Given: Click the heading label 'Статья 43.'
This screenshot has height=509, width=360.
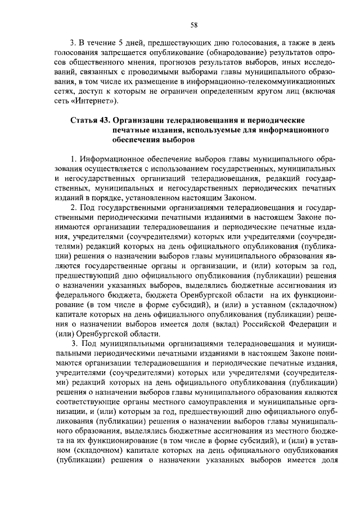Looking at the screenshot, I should [x=91, y=121].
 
